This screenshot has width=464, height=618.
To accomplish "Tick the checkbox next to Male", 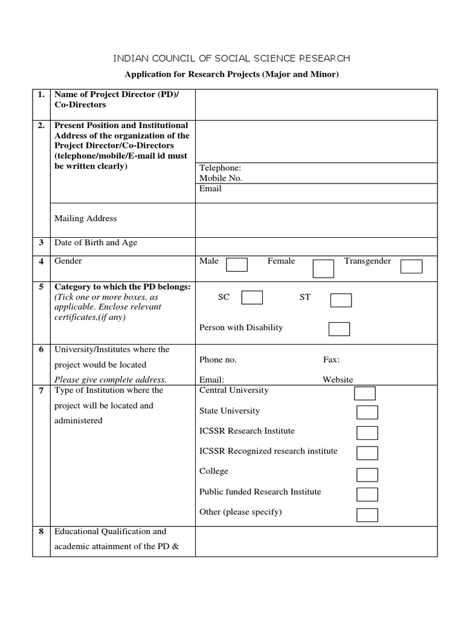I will tap(237, 265).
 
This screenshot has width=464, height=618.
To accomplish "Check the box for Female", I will tap(323, 269).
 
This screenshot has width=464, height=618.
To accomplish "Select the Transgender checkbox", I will tap(411, 267).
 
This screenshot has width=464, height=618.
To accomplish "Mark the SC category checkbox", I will tap(252, 298).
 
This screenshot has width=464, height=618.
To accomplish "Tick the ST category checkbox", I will tap(341, 300).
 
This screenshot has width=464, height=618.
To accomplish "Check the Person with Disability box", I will tap(339, 329).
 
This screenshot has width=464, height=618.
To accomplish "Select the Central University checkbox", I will tap(364, 393).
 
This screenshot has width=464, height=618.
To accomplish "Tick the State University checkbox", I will tap(367, 412).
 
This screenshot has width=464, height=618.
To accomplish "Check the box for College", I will tap(367, 474).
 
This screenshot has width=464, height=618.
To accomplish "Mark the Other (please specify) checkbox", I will tap(367, 515).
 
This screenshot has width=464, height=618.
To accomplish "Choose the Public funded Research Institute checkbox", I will tap(367, 494).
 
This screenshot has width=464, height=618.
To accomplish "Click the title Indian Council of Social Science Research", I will tap(232, 59).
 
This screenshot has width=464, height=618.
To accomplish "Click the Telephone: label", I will tap(220, 168).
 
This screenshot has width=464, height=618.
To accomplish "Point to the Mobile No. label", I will tap(221, 179).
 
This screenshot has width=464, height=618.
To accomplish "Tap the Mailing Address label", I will tap(85, 218).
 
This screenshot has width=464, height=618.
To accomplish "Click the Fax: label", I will tap(331, 360).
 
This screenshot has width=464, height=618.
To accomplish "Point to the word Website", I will tap(338, 380).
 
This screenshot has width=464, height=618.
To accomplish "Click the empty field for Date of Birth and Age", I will tap(316, 246).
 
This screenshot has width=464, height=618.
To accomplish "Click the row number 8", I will tap(41, 532).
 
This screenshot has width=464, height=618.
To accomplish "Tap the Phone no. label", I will tap(217, 360).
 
